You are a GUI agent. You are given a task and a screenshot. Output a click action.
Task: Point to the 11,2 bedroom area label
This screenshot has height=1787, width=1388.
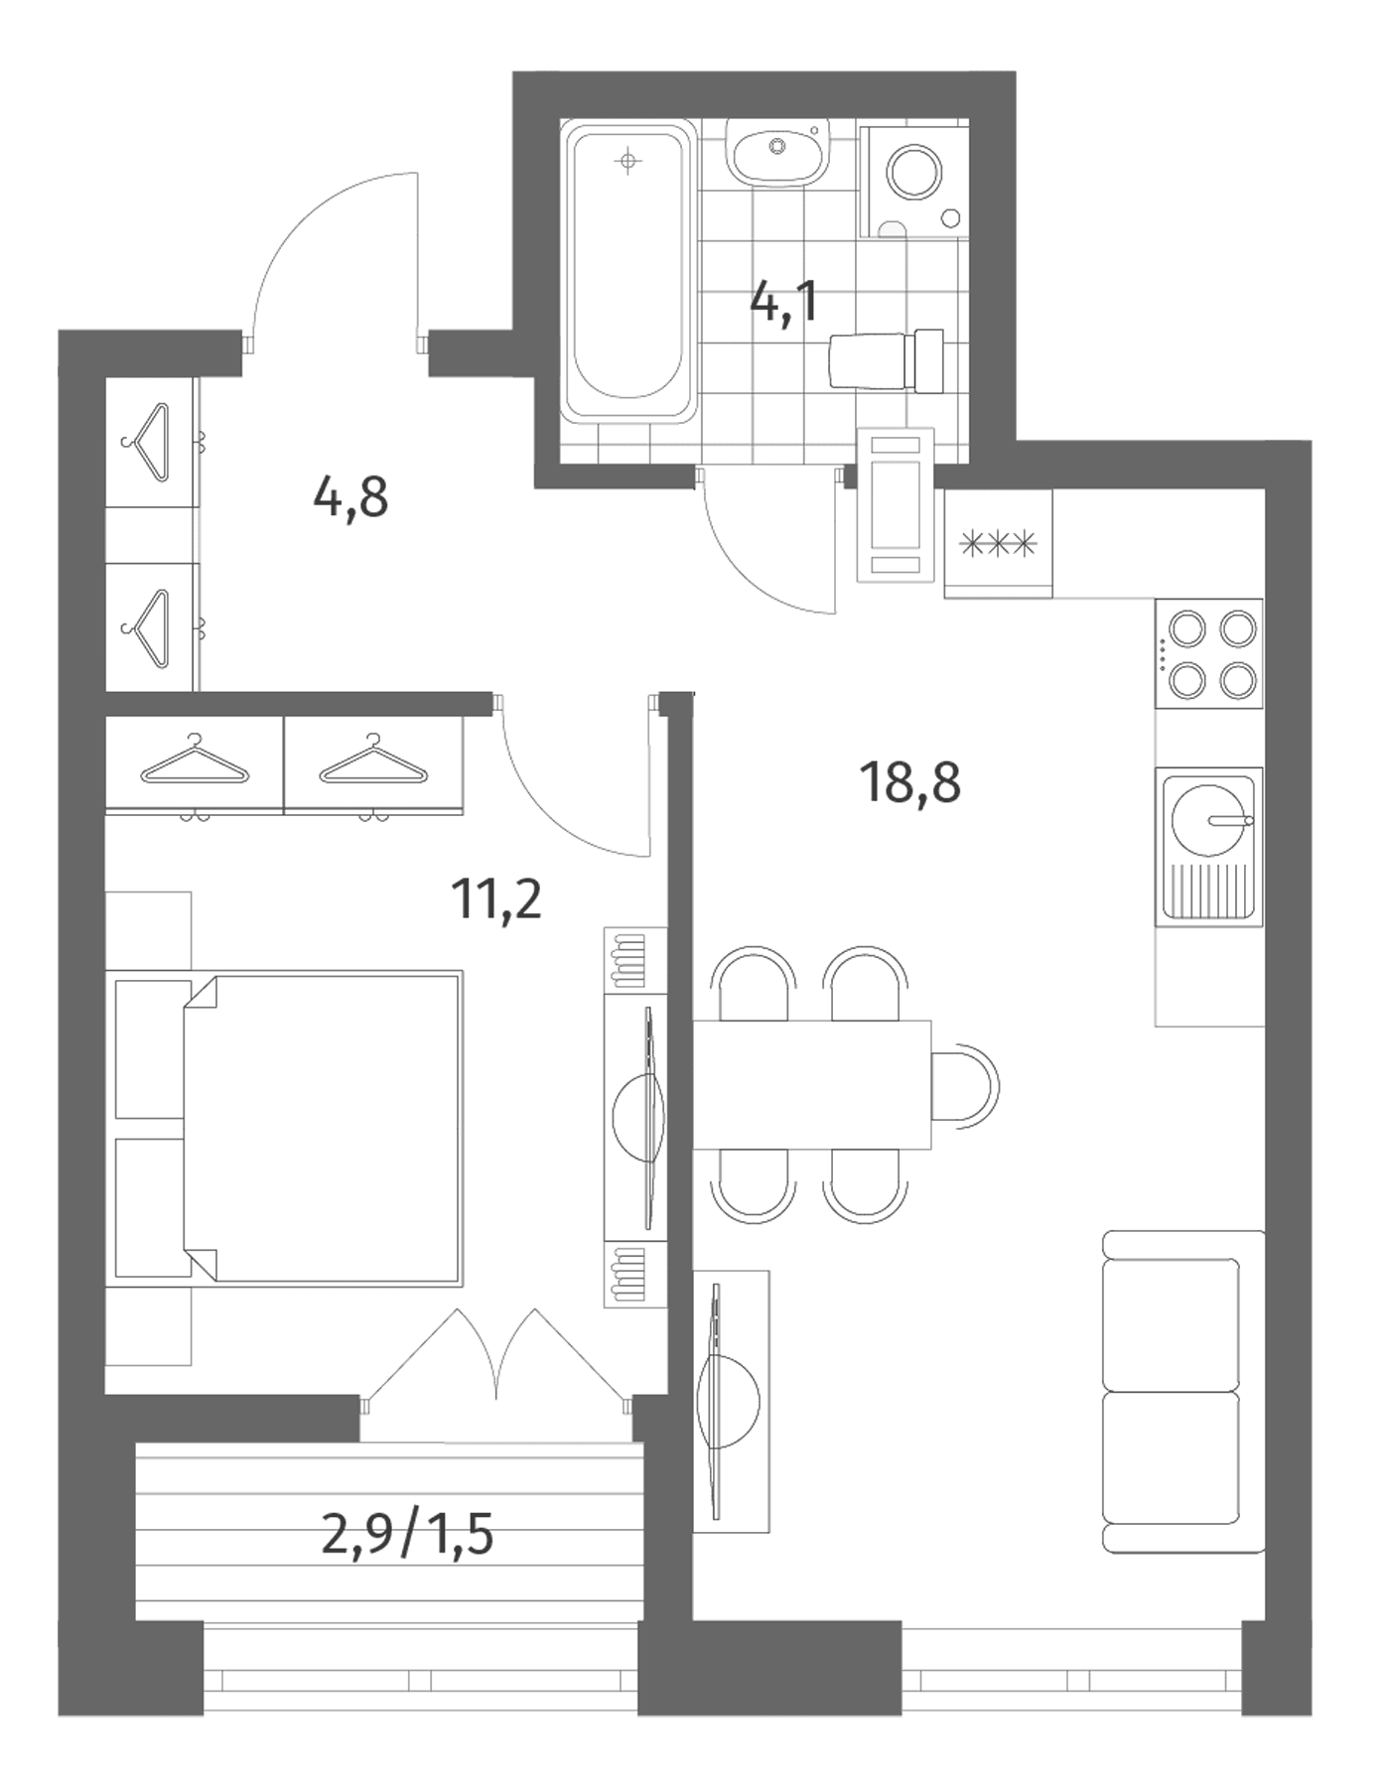click(496, 899)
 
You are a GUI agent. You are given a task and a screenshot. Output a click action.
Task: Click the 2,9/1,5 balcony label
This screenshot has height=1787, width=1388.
click(408, 1538)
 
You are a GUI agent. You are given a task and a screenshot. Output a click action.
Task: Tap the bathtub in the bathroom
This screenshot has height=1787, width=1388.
click(627, 272)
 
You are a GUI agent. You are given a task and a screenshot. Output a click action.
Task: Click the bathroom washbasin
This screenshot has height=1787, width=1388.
click(776, 152)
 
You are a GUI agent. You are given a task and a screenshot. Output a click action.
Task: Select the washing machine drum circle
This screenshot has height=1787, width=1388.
click(914, 174)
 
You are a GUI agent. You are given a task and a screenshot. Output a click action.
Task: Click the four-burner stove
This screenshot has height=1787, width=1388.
click(1208, 653)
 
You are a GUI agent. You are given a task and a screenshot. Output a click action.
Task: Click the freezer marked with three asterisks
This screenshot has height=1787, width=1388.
click(998, 544)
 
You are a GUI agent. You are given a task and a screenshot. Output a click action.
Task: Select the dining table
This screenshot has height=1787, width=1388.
click(811, 1084)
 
